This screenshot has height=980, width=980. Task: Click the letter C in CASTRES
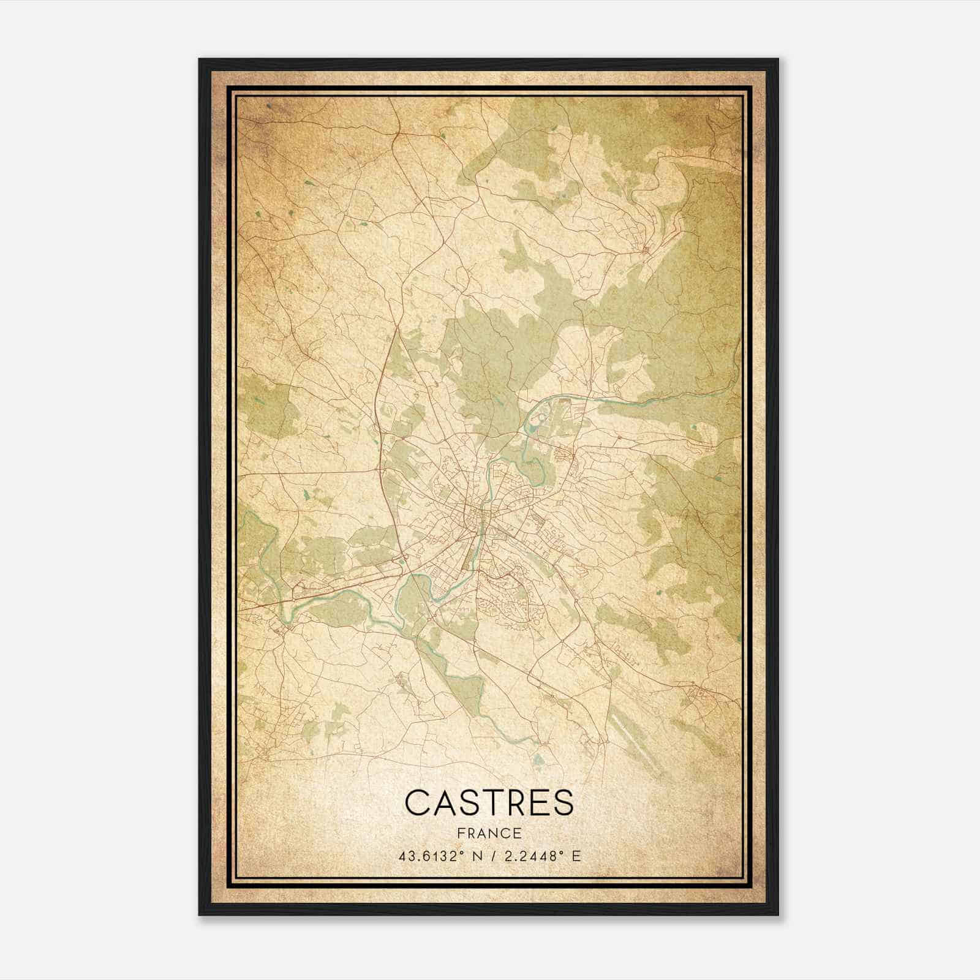(x=418, y=803)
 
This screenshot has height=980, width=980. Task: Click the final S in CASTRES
(x=563, y=803)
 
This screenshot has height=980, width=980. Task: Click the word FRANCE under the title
(x=489, y=834)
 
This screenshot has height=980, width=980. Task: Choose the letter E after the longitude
(x=576, y=856)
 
